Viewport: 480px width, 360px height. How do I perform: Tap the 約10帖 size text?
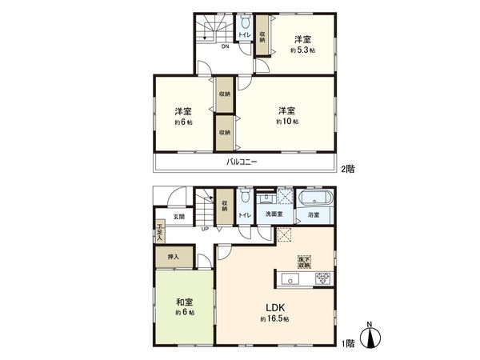(288, 122)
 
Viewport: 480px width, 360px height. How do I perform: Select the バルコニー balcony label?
(241, 162)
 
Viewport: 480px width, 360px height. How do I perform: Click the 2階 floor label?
(347, 170)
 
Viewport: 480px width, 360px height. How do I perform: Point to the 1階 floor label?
(347, 343)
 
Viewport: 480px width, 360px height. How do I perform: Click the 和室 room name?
(184, 302)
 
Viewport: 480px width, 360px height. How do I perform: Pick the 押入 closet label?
(174, 257)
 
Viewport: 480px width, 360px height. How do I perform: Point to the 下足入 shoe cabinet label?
(160, 232)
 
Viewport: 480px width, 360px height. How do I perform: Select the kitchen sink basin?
(290, 278)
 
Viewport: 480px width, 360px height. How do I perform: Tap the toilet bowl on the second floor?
(244, 32)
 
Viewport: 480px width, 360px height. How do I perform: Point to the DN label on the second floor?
(226, 46)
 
